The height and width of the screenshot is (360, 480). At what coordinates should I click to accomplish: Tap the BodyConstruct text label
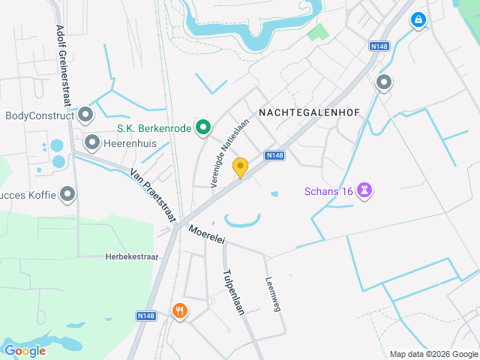coord(39,115)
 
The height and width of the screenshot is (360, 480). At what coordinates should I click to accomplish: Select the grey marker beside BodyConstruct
coord(85,115)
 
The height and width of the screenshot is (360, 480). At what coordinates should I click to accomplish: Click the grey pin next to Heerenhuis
coord(92,141)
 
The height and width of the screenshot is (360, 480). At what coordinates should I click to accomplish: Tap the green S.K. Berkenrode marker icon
coord(202,128)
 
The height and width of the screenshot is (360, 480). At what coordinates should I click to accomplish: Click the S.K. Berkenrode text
coord(154,128)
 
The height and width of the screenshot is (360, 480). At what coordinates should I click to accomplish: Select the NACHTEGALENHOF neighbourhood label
coord(309,112)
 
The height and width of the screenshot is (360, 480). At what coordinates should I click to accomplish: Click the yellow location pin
coord(240,168)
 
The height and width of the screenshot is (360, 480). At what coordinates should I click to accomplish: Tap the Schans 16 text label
coord(328,191)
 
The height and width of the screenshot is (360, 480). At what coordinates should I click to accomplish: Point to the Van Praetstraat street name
coord(152,193)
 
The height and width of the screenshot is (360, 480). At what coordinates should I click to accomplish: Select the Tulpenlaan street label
coord(234,292)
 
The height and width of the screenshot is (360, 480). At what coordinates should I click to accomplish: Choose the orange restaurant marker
coord(179,310)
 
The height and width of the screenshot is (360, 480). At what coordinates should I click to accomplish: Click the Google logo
coord(25,350)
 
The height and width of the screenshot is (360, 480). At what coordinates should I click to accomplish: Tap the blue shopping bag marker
coord(418,20)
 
